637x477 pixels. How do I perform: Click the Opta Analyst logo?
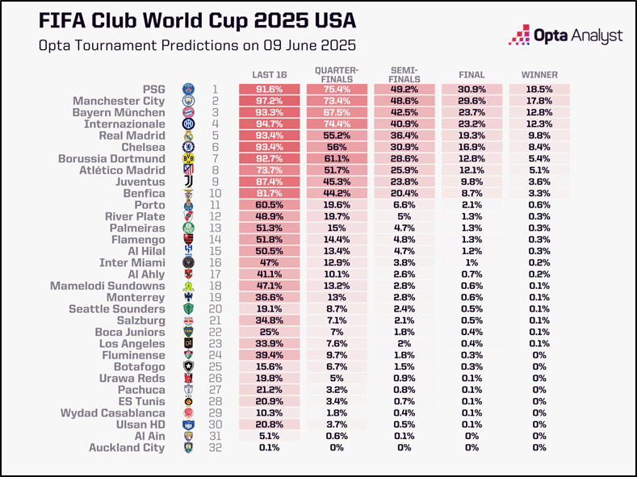click(565, 35)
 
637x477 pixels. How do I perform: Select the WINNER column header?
click(539, 75)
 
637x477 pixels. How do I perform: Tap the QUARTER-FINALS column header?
click(337, 75)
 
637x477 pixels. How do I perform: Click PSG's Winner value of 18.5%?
click(539, 90)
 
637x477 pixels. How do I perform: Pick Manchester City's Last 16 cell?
click(270, 101)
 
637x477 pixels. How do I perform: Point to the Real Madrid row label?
click(132, 136)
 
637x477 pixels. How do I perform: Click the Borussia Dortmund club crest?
click(188, 159)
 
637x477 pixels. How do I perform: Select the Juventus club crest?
click(188, 182)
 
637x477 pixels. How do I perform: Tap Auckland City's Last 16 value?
click(270, 448)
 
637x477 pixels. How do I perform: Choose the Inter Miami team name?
click(132, 262)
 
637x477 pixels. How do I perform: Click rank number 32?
click(216, 448)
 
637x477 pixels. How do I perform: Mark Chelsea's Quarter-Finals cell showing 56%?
click(337, 147)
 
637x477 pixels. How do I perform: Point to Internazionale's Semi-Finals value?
click(404, 123)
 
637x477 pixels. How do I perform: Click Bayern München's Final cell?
click(471, 112)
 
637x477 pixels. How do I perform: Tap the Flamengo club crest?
click(188, 240)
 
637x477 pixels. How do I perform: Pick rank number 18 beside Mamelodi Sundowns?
click(216, 286)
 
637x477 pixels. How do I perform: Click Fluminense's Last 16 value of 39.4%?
click(270, 355)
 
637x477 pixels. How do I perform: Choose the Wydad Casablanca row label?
click(113, 413)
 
